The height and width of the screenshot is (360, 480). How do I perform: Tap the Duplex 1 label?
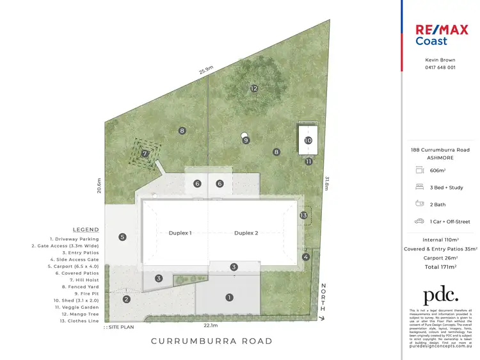coord(180,233)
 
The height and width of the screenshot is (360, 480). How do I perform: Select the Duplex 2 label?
coord(246,233)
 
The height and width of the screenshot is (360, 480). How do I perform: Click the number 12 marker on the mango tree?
coord(254,88)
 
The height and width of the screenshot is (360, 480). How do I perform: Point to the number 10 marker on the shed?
coord(308,140)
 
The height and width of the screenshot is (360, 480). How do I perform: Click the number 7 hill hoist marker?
coord(145,153)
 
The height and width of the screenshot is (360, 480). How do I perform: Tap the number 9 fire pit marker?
coord(246,140)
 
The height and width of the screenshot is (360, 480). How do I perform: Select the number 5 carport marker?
coord(122,237)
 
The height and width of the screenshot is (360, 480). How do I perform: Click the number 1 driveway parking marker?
coord(229,297)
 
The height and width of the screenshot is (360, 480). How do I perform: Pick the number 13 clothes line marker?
coord(304,215)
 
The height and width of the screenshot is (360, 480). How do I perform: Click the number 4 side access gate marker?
coord(307,258)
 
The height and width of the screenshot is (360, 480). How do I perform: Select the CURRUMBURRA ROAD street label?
coord(211,341)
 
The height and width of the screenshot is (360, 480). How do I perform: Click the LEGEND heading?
coord(86,229)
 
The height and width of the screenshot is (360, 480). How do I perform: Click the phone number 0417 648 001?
coord(440,67)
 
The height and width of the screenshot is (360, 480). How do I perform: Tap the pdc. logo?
coord(440,295)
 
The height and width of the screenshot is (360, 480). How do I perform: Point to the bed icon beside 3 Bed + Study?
coord(420,186)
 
